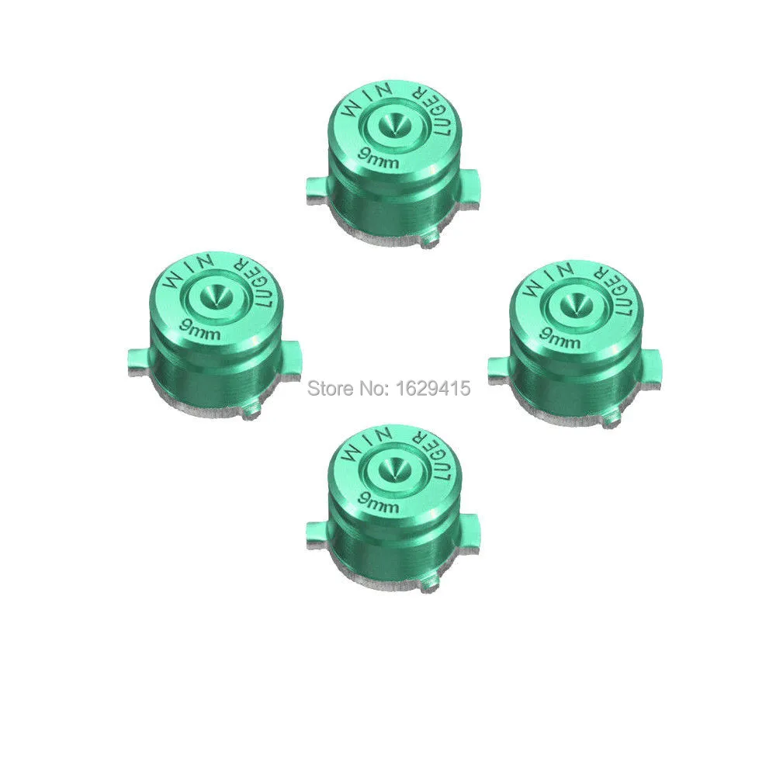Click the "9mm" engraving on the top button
379,159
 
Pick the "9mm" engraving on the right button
559,336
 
